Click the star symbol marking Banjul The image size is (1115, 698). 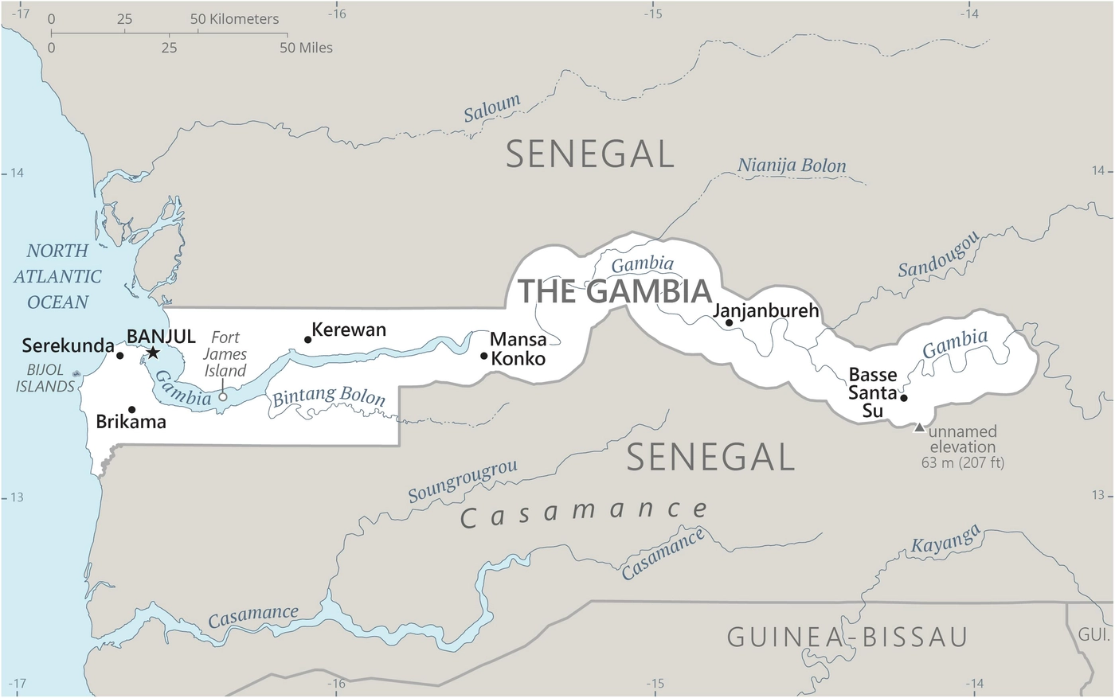pyautogui.click(x=153, y=353)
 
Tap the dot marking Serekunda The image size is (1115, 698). pyautogui.click(x=119, y=356)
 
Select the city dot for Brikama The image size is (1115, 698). pyautogui.click(x=131, y=409)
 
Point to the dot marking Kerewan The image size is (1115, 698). pyautogui.click(x=308, y=340)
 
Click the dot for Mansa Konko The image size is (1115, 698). pyautogui.click(x=484, y=356)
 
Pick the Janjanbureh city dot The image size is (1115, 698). pyautogui.click(x=729, y=322)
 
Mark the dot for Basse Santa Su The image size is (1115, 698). pyautogui.click(x=903, y=398)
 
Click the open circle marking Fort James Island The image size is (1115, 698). pyautogui.click(x=223, y=396)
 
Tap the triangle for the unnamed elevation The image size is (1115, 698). pyautogui.click(x=919, y=428)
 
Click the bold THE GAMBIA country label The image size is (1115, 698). pyautogui.click(x=615, y=291)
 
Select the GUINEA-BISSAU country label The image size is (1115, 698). pyautogui.click(x=847, y=638)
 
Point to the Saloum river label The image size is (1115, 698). pyautogui.click(x=492, y=108)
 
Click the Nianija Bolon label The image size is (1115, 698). pyautogui.click(x=792, y=166)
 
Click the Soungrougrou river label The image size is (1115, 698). pyautogui.click(x=463, y=481)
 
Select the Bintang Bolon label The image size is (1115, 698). pyautogui.click(x=328, y=396)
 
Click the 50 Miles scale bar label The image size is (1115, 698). pyautogui.click(x=306, y=48)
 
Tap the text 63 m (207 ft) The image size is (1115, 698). pyautogui.click(x=963, y=462)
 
